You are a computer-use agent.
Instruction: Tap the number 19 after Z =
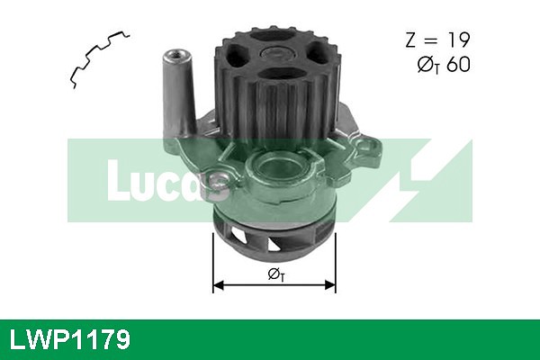tap(454, 40)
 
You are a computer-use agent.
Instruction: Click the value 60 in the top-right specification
tap(457, 64)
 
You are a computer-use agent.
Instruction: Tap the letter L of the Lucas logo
tap(116, 180)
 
